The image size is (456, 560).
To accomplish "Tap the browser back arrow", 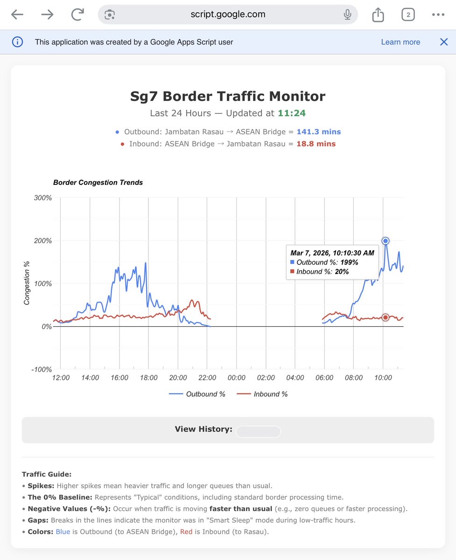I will (17, 15).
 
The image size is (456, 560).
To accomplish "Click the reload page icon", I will (77, 15).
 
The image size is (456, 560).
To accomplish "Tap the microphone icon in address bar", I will (347, 15).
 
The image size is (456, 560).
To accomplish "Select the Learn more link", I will (400, 42).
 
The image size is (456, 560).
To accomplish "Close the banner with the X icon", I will (444, 42).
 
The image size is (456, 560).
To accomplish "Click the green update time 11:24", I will (292, 113).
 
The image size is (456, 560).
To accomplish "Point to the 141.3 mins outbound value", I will (319, 132).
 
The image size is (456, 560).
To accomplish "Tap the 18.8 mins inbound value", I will (316, 144).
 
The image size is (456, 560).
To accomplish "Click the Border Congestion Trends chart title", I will (98, 182).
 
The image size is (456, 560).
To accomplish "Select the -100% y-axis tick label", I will (41, 370).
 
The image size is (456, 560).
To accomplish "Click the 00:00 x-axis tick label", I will (236, 378).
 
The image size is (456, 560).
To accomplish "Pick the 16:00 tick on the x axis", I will (119, 378).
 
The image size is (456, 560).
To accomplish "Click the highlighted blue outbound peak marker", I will (386, 241).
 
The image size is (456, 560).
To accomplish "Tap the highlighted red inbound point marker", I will (386, 317).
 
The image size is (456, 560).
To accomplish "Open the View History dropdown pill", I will (258, 432).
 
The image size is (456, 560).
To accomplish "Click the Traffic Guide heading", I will (49, 474).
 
